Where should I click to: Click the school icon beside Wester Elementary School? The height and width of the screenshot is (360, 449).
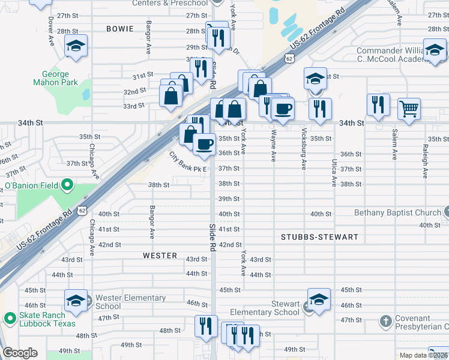pyautogui.click(x=76, y=302)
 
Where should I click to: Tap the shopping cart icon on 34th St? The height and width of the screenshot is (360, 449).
pyautogui.click(x=409, y=109)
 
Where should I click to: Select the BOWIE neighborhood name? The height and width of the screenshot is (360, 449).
pyautogui.click(x=119, y=29)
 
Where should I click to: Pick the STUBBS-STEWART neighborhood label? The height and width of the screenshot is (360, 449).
pyautogui.click(x=319, y=237)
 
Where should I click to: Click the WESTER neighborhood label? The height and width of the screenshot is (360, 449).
pyautogui.click(x=160, y=256)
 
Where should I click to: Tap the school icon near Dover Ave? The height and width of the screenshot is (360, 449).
pyautogui.click(x=76, y=46)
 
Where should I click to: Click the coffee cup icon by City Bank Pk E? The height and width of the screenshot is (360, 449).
pyautogui.click(x=205, y=144)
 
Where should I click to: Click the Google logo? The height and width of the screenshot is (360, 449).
pyautogui.click(x=20, y=353)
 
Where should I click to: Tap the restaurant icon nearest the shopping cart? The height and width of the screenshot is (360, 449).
pyautogui.click(x=378, y=104)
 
